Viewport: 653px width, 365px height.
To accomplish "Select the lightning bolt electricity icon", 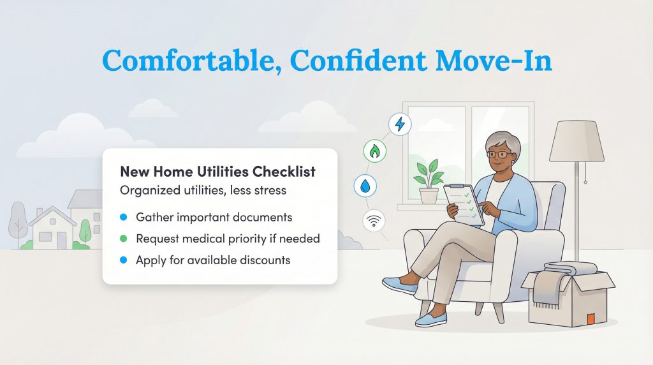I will point(400,124).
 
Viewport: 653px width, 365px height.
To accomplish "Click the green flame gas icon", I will point(374,152).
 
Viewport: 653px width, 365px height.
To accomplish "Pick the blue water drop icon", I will point(365,186).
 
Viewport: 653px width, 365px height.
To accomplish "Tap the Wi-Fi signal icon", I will point(374,221).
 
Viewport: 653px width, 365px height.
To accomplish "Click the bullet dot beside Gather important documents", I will point(124,218).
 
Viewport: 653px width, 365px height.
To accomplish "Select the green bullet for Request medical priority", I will point(124,239).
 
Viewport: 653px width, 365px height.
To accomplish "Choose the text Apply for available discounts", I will point(213,260).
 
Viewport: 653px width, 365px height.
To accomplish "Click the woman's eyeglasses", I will point(499,154).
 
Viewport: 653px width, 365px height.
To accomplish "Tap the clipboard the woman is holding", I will point(464,203).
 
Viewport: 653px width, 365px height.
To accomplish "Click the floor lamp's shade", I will point(576,141).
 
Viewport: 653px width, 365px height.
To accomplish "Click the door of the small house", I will point(62,239).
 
